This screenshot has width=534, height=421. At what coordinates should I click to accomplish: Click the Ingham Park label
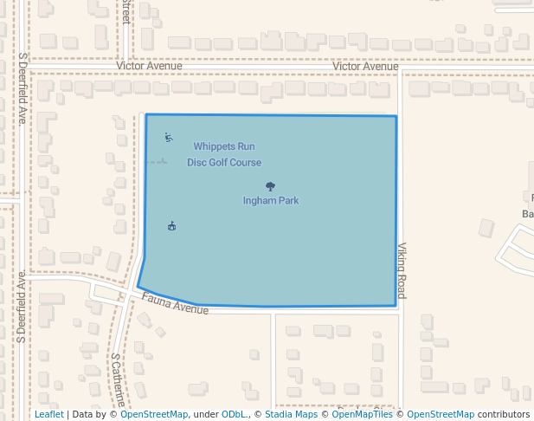coord(270,201)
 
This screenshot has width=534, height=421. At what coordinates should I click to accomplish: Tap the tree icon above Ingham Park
coord(270,186)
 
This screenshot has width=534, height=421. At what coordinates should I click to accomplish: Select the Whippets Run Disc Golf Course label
coord(224,154)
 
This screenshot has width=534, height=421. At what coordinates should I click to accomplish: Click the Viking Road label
coord(402,270)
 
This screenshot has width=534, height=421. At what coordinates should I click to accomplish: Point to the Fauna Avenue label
coord(176,304)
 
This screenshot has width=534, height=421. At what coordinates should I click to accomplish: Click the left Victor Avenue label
coord(149,66)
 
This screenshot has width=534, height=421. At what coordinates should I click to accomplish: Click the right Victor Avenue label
coord(365,67)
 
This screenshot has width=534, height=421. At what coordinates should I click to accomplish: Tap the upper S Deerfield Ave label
coord(23,87)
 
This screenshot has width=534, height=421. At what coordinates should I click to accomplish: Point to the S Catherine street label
coord(119,379)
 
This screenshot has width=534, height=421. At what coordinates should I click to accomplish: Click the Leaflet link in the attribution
coord(48,415)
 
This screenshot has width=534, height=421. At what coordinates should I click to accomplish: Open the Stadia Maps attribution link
coord(291,415)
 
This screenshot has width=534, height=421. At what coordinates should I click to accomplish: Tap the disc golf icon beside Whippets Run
coord(168,137)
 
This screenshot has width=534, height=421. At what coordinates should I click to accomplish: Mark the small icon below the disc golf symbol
coord(172,226)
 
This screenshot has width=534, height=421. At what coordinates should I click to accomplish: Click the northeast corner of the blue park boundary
coord(396,116)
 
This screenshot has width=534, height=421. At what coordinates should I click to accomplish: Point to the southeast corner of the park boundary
coord(396,306)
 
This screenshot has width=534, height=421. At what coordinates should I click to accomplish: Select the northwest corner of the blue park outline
coord(146,114)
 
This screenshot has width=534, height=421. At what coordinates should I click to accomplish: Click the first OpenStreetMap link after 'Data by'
coord(154,415)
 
